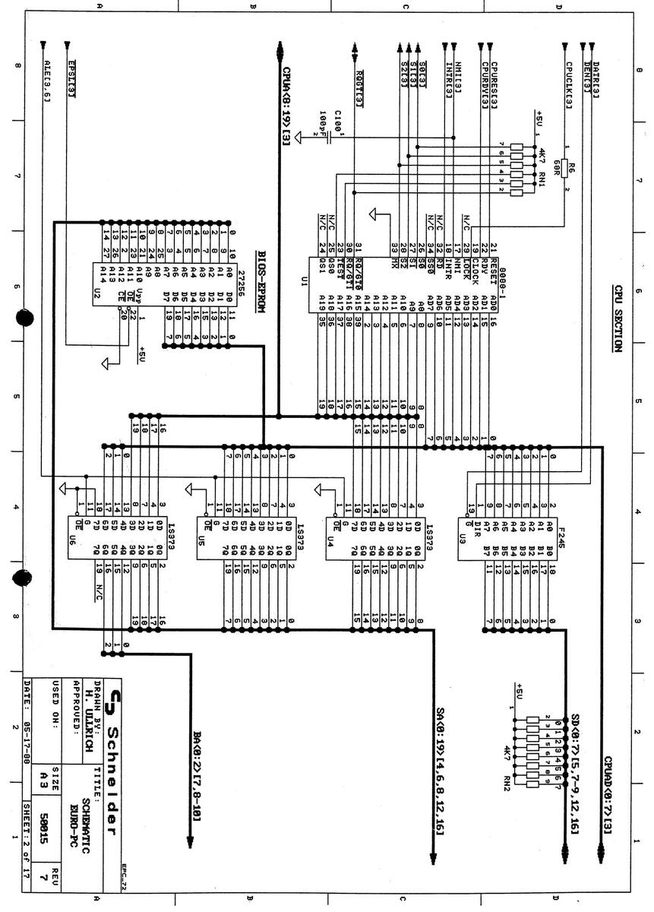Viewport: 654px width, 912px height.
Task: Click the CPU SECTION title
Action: (x=618, y=317)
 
